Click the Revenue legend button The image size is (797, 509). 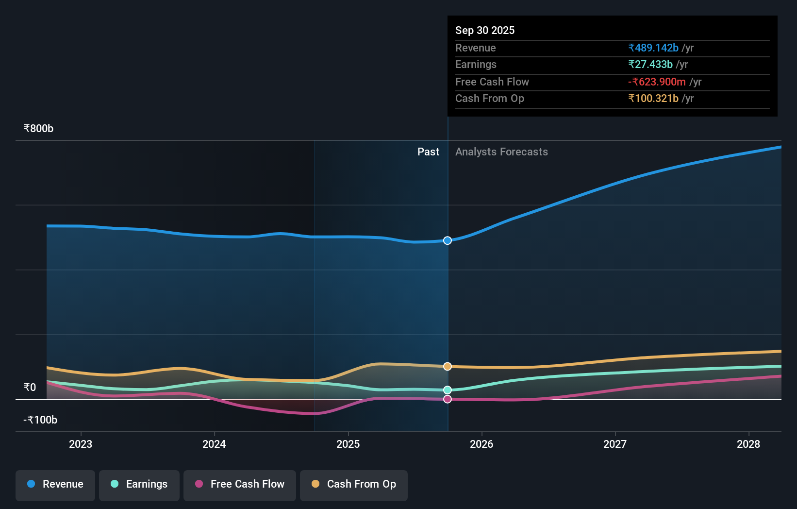[55, 484]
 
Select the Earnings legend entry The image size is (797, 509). [139, 484]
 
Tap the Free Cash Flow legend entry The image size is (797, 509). [240, 484]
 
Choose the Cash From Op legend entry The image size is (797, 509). [354, 484]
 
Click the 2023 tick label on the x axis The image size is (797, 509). [81, 444]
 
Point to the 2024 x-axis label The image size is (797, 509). [214, 444]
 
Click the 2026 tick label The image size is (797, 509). [482, 444]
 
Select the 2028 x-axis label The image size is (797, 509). [748, 444]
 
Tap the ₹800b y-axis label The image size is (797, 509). [38, 129]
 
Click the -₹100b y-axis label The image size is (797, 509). [40, 420]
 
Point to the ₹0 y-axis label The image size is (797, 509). [30, 388]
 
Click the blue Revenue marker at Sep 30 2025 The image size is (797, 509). [448, 240]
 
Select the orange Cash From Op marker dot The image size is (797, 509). [448, 366]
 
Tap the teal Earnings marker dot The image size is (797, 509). [448, 390]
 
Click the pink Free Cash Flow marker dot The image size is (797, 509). [448, 399]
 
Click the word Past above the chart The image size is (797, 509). [428, 152]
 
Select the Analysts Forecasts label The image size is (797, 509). [501, 152]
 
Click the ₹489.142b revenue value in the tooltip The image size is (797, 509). [653, 48]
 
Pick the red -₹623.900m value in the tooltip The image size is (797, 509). [657, 82]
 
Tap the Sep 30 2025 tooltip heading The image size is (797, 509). [485, 31]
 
